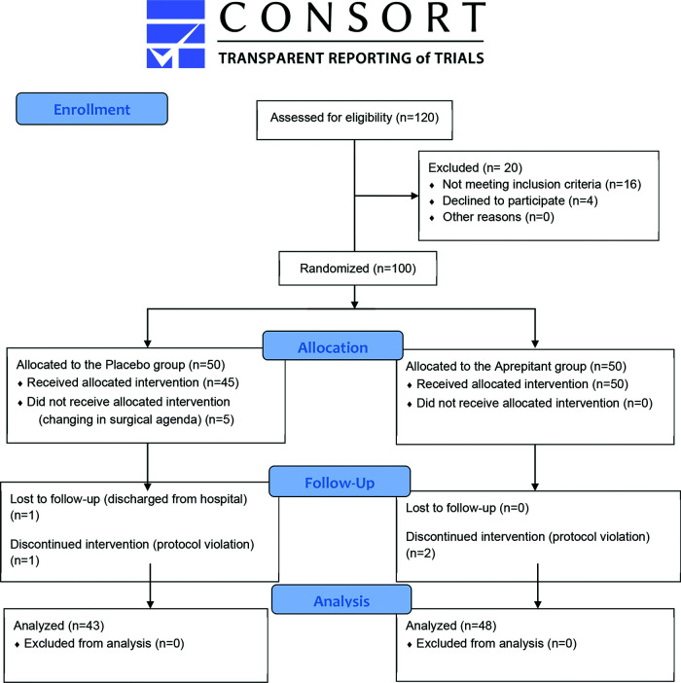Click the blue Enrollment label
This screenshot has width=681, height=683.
pos(91,109)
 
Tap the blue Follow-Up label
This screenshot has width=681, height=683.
pos(340,481)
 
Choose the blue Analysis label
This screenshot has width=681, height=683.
pos(340,600)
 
